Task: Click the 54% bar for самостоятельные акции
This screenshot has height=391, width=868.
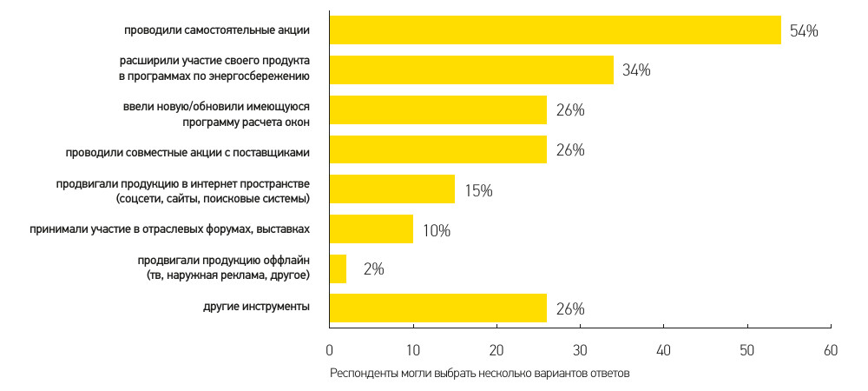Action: tap(556, 30)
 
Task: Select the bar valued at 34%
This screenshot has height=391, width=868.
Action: tap(471, 70)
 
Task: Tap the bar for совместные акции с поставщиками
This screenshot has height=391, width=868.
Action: tap(438, 149)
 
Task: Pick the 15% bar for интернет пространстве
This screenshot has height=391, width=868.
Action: tap(392, 189)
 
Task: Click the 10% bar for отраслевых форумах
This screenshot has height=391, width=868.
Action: tap(372, 229)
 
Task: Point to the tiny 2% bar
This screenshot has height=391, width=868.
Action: tap(339, 268)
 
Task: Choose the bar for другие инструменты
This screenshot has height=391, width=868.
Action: tap(438, 308)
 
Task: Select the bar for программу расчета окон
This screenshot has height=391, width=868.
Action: tap(438, 110)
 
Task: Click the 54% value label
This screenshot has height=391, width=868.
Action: tap(804, 31)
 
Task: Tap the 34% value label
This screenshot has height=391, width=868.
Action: tap(636, 71)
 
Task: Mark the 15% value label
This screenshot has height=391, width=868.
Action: tap(478, 190)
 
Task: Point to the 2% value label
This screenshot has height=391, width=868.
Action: tap(373, 269)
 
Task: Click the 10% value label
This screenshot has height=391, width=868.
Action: tap(437, 230)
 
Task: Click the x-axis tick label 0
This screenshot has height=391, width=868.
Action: tap(330, 350)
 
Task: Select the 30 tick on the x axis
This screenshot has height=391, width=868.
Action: tap(580, 350)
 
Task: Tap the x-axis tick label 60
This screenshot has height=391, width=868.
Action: tap(831, 350)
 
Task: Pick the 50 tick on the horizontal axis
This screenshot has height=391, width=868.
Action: tap(747, 350)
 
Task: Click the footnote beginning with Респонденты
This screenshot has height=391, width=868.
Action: tap(478, 374)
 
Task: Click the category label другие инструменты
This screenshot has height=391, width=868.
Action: tap(256, 308)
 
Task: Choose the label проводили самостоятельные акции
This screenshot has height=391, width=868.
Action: tap(217, 30)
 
